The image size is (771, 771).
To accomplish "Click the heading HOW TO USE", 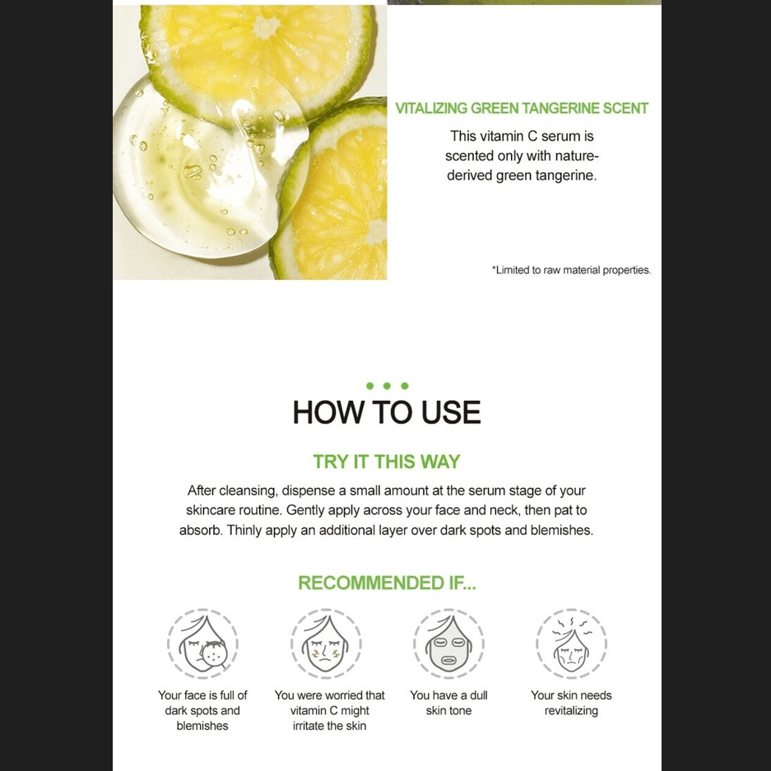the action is (387, 412).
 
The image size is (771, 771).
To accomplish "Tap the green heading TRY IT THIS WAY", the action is (387, 462).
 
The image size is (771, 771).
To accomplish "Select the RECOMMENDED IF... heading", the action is (387, 583).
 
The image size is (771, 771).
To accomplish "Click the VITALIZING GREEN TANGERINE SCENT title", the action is (522, 108).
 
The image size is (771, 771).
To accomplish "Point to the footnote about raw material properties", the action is (571, 270).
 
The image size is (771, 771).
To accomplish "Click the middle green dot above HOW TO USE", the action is (387, 386).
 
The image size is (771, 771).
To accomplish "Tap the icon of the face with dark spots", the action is (202, 643).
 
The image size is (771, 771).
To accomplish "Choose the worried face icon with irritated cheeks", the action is (326, 643).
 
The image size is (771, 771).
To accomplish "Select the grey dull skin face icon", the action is (448, 643).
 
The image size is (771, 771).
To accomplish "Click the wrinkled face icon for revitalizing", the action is (571, 643).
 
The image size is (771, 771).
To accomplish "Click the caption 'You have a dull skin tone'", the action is (448, 703).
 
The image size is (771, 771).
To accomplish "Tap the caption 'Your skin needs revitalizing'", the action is (571, 703).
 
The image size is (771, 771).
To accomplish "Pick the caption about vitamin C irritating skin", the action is (329, 710).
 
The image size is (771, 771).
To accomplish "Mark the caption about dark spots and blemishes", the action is (202, 710).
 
